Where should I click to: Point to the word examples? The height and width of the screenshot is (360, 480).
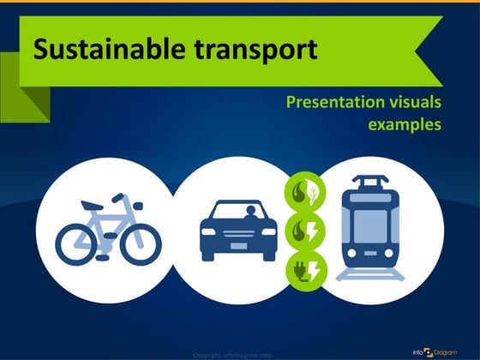405,125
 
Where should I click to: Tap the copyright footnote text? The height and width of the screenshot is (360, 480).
232,354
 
